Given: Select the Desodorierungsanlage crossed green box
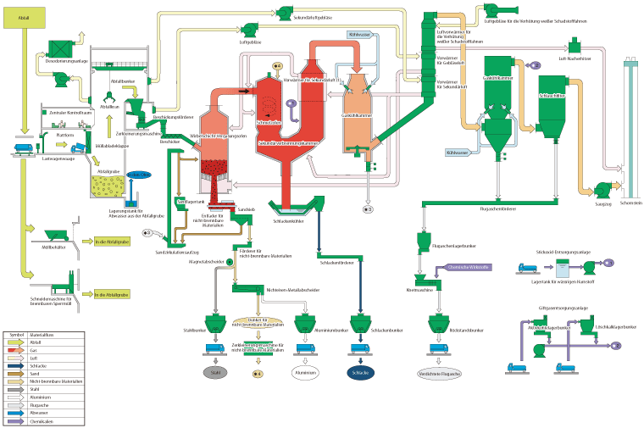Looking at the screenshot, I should [58, 47].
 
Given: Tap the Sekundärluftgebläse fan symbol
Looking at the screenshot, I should [283, 11].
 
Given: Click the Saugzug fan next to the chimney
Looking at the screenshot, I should [602, 189].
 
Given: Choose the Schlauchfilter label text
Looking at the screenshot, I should [552, 96].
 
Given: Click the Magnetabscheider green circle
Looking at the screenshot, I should [230, 262].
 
